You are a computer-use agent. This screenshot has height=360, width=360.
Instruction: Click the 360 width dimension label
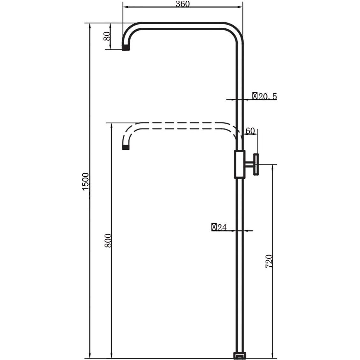183,4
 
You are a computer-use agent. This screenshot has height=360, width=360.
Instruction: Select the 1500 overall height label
85,182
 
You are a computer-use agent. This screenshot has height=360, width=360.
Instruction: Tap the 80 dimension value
107,36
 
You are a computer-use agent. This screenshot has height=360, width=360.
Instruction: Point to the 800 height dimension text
108,241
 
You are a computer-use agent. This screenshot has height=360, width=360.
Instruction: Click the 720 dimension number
269,261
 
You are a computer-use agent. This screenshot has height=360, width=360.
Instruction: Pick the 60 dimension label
250,131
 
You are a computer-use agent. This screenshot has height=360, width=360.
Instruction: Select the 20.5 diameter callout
265,96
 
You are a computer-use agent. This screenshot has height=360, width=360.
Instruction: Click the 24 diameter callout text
219,227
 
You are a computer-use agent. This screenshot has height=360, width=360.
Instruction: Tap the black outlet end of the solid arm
126,47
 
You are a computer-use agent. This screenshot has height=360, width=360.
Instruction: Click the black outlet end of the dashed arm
126,148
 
